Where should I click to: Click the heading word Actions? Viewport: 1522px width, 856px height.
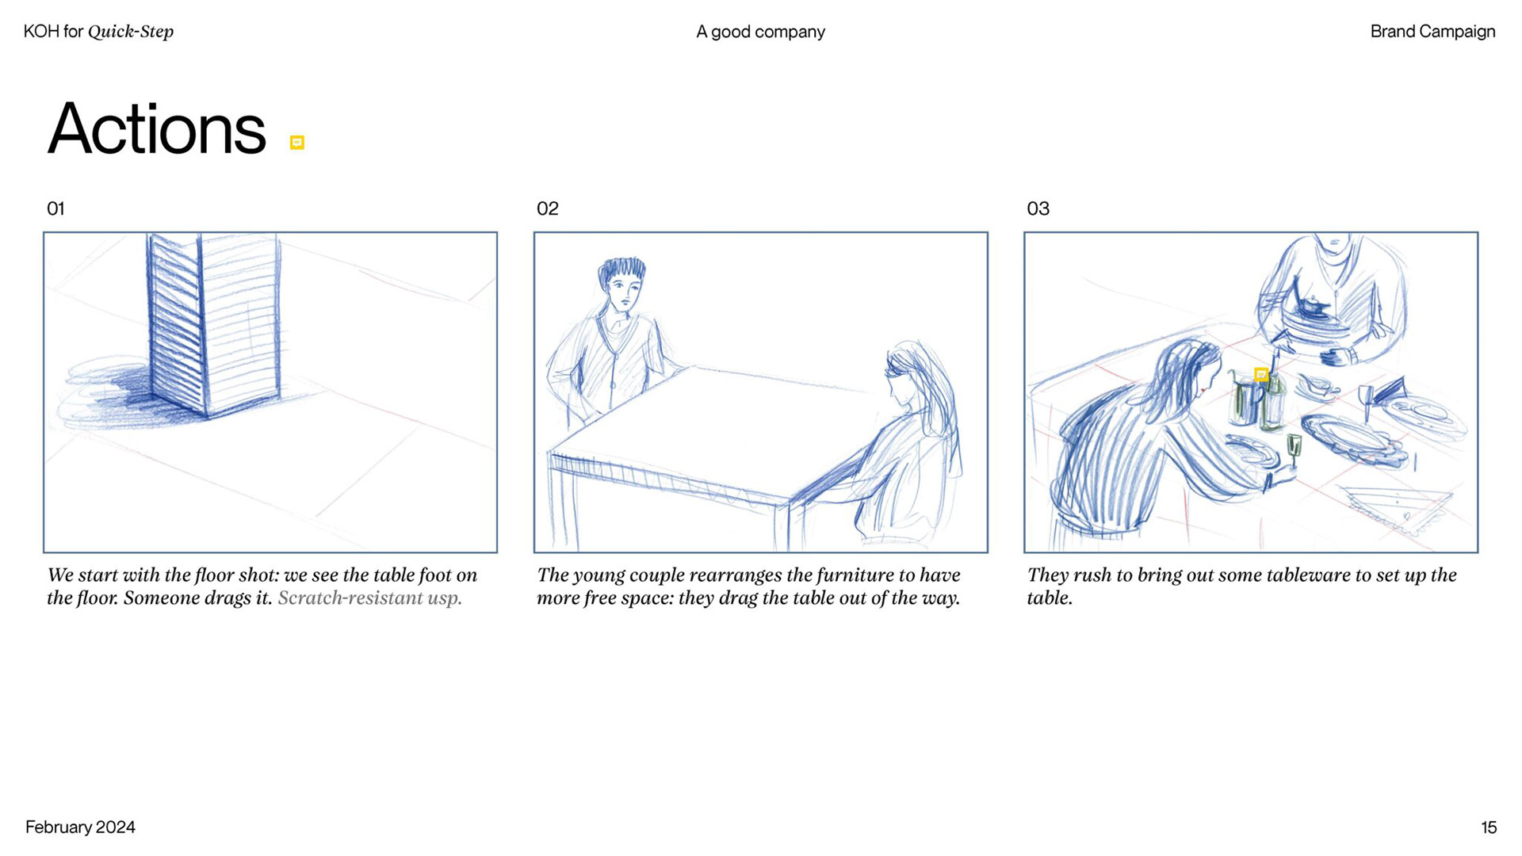coord(157,129)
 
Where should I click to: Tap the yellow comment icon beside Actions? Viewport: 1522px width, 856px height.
coord(297,143)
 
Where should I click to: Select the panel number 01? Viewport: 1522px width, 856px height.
coord(55,208)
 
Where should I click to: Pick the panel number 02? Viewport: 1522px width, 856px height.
coord(548,208)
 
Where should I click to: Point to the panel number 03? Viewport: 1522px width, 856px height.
coord(1038,208)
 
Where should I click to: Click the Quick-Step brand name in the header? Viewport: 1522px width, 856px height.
coord(131,32)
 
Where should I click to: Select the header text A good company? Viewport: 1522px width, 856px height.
coord(761,32)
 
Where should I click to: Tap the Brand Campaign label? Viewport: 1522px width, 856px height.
coord(1433,32)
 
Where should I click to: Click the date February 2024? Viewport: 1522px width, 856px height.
coord(80,827)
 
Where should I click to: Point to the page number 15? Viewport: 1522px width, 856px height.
coord(1489,827)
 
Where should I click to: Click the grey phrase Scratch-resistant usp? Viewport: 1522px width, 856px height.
coord(369,598)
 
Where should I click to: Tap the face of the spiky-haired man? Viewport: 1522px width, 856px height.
coord(624,292)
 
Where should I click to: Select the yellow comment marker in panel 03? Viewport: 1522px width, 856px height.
coord(1261,374)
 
